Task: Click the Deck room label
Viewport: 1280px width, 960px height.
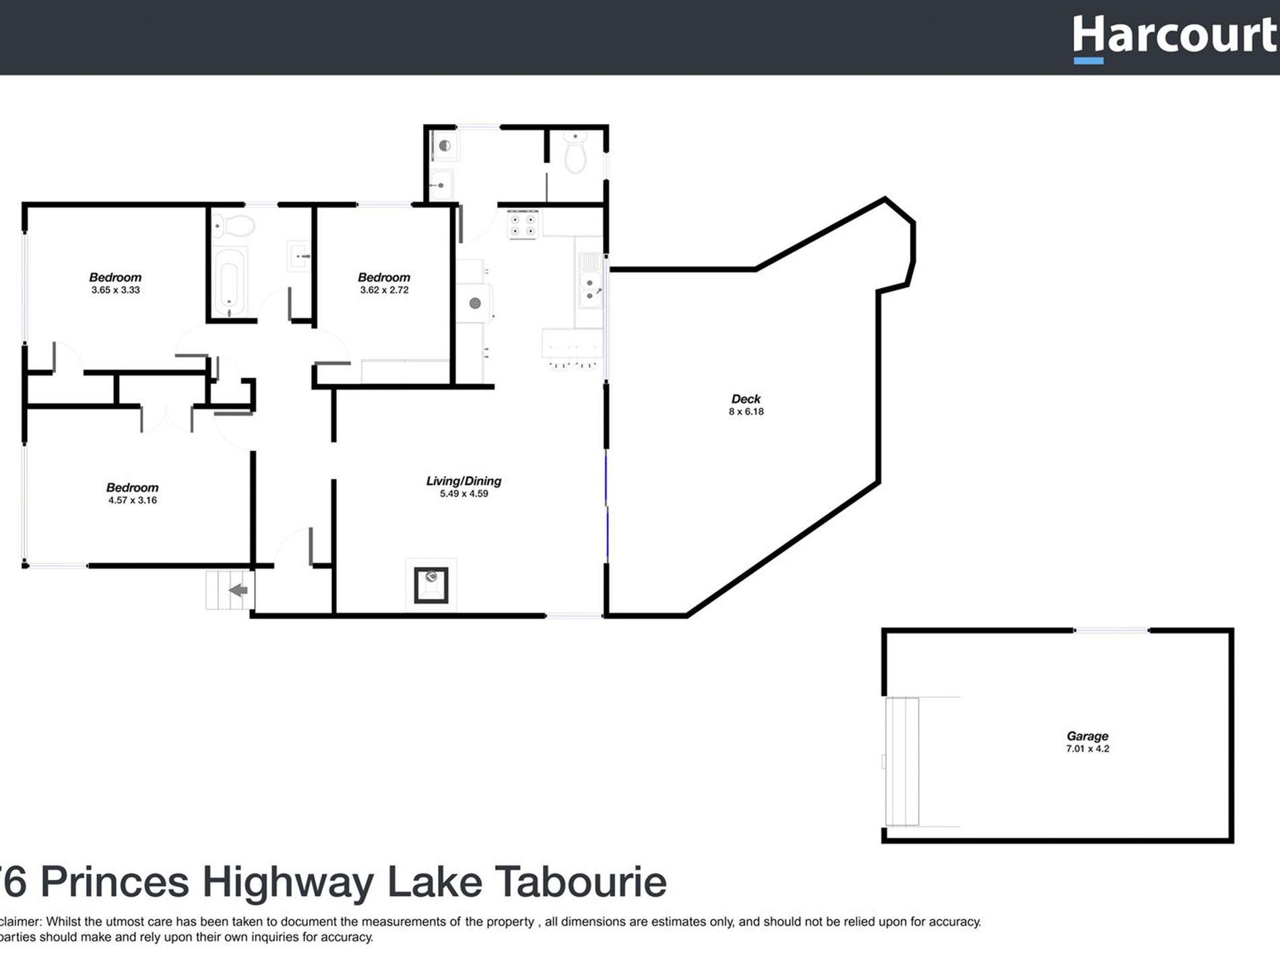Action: pos(746,399)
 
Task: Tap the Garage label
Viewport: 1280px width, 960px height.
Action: pos(1087,736)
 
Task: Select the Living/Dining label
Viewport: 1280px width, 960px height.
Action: pos(463,481)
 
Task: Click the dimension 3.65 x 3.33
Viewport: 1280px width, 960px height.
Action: pos(116,290)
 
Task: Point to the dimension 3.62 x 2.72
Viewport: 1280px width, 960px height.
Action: pos(384,290)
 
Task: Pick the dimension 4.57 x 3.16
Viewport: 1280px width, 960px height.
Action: pos(133,501)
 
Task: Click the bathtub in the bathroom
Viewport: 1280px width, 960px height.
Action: pos(229,282)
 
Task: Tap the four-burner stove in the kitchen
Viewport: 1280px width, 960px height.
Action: pos(523,224)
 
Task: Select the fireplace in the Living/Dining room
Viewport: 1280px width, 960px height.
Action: pos(431,584)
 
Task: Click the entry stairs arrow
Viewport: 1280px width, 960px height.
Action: pos(238,591)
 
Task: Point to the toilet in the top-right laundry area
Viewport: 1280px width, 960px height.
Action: pos(575,154)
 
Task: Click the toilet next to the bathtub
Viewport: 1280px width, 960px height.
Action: pos(233,224)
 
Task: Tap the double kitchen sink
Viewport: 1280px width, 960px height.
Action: pos(591,290)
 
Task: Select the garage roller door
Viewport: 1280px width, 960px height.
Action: pos(901,761)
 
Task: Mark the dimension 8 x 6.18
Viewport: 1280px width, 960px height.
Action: pos(746,412)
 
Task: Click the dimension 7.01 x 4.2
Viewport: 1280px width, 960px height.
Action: pos(1087,748)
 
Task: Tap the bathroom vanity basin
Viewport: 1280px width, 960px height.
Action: pos(298,256)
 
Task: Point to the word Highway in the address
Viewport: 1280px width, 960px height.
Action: pos(288,882)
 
